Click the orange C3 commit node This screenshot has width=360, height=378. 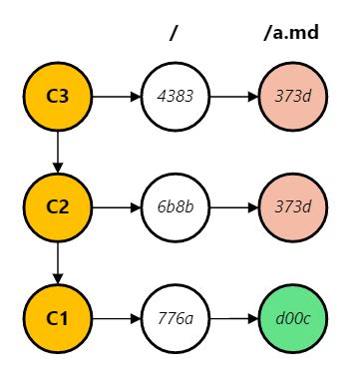(x=57, y=97)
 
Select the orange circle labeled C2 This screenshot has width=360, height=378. (x=57, y=207)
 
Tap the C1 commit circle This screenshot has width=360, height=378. (x=57, y=319)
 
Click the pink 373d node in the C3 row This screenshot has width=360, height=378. (x=293, y=97)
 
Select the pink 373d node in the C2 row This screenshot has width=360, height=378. (x=293, y=207)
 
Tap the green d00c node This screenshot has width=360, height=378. (x=293, y=319)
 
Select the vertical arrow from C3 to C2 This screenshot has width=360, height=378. (x=57, y=152)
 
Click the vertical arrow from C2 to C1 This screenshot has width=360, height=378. (x=57, y=263)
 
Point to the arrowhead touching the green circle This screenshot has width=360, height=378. (x=253, y=319)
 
